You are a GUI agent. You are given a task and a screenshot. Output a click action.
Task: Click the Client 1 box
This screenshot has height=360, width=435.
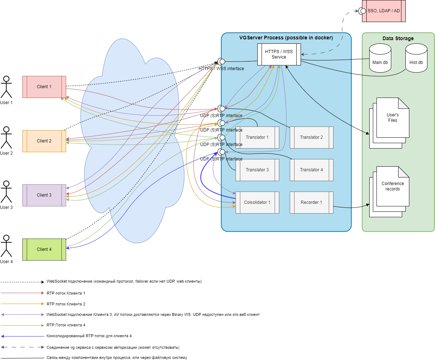coord(44,87)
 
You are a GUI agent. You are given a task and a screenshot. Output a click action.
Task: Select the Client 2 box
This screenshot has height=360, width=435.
coord(44,141)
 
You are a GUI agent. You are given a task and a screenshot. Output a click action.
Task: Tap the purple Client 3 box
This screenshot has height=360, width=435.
coord(44,195)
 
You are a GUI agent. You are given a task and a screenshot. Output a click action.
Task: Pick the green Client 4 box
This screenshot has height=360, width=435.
coord(44,249)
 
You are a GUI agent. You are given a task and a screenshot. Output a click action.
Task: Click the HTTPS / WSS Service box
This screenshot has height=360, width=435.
coord(279,55)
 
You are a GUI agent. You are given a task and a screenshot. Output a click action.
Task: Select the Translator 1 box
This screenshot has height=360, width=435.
coord(257,137)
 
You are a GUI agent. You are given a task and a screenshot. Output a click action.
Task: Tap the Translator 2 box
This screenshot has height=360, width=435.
coord(311,137)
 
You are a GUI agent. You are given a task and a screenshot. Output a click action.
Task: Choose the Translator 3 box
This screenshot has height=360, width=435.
coord(257,170)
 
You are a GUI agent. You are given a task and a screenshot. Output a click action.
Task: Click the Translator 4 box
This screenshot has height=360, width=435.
coord(311,170)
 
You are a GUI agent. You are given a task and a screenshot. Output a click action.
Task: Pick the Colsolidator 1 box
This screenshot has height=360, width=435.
coord(257,202)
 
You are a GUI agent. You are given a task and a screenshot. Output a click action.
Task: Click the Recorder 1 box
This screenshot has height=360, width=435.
coord(311,202)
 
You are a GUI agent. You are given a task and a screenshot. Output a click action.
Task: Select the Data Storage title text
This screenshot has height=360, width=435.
coord(398,38)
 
